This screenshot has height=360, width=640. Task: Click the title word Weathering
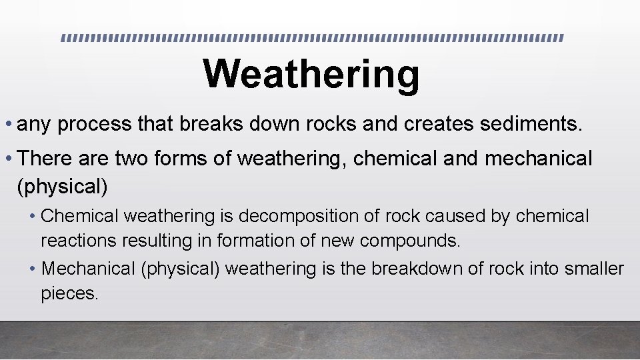[311, 73]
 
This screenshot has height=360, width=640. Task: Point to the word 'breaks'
[202, 123]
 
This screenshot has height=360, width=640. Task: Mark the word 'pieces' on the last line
[69, 293]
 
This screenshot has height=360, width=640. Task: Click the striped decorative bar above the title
[311, 38]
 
